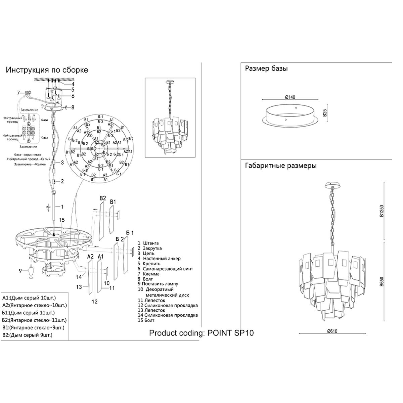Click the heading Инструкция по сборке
click(47, 70)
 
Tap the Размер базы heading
click(266, 69)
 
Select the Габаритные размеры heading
click(281, 166)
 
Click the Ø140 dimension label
click(290, 97)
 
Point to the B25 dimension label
click(325, 113)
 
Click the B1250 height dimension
click(382, 211)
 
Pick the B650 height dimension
click(382, 281)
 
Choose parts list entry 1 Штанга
click(148, 243)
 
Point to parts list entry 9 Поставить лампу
click(158, 284)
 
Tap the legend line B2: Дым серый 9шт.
click(28, 334)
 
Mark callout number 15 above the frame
click(61, 220)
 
